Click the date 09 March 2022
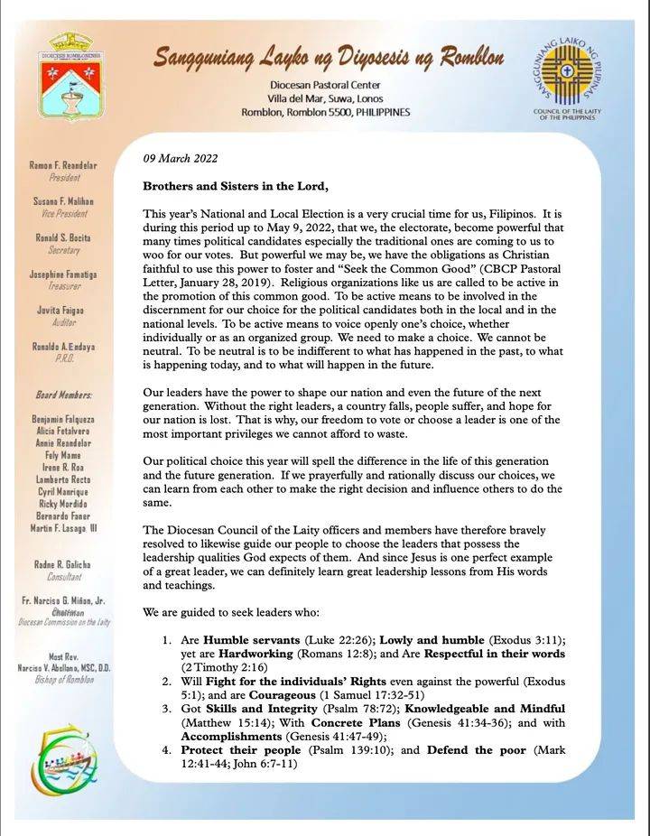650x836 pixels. click(181, 159)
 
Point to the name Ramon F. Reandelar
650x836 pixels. click(65, 167)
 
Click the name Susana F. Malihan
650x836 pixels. click(63, 201)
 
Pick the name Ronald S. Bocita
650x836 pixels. click(63, 237)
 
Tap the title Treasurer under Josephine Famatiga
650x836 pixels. click(65, 285)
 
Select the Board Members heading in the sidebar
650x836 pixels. click(64, 395)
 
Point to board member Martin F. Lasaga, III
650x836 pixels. click(64, 527)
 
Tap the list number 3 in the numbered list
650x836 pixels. click(167, 709)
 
